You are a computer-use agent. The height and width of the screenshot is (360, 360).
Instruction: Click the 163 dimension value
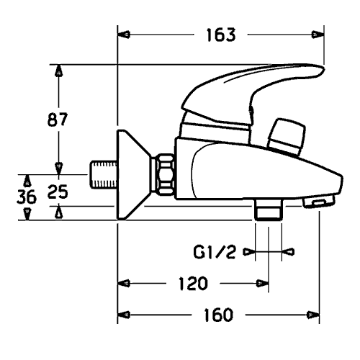pyautogui.click(x=221, y=35)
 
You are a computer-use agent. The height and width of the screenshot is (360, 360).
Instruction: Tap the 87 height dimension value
pyautogui.click(x=58, y=120)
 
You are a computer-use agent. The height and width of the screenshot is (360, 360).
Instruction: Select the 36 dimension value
pyautogui.click(x=27, y=197)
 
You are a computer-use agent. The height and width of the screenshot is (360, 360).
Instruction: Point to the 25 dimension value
pyautogui.click(x=58, y=192)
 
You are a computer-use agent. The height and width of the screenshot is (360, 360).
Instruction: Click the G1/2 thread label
pyautogui.click(x=215, y=252)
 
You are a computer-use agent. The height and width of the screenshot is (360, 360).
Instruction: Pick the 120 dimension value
pyautogui.click(x=193, y=284)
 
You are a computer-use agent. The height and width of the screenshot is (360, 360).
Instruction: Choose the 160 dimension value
pyautogui.click(x=218, y=315)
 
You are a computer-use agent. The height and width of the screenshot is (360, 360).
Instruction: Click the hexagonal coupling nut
pyautogui.click(x=164, y=174)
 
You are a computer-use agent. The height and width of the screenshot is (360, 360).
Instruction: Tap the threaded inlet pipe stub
pyautogui.click(x=104, y=175)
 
